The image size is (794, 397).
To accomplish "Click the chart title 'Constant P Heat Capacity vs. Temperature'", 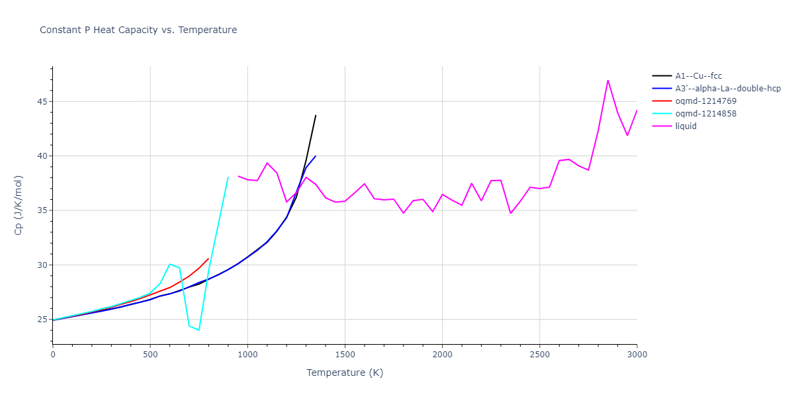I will [138, 30].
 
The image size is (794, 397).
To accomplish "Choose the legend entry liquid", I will [685, 126].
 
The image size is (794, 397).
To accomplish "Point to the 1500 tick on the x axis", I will [345, 355].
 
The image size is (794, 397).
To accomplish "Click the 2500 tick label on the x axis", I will [539, 355].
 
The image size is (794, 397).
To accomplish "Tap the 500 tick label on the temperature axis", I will [150, 355].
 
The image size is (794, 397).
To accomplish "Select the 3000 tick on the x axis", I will [637, 355].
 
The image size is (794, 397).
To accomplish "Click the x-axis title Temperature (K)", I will [345, 373].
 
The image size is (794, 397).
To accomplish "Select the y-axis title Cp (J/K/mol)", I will [19, 205].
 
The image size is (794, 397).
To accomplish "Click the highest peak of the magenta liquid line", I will [607, 80].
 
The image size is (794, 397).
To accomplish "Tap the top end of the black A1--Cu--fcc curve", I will [316, 115].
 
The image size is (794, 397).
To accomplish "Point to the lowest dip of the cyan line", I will [198, 330].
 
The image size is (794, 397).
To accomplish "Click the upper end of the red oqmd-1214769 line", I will [208, 259].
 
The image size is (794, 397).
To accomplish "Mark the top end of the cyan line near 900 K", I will [228, 177].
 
